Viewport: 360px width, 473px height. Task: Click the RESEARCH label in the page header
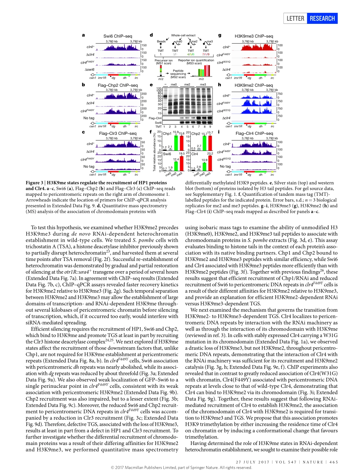click(x=322, y=18)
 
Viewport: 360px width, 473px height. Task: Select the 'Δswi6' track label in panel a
click(x=90, y=70)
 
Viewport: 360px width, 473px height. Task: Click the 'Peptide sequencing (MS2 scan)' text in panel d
click(x=178, y=73)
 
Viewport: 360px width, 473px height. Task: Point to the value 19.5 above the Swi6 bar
click(x=182, y=153)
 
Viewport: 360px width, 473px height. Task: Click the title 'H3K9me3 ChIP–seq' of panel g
click(x=251, y=36)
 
